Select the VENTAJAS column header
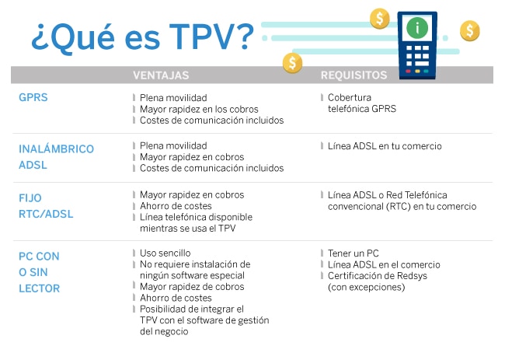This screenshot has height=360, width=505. click(161, 75)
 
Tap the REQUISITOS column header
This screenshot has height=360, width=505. click(353, 75)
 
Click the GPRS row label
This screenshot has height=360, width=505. click(33, 97)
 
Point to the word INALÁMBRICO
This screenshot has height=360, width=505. click(57, 149)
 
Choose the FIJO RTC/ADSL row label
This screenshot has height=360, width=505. click(46, 206)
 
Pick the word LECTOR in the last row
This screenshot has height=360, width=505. click(40, 288)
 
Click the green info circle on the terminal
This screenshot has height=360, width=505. click(417, 28)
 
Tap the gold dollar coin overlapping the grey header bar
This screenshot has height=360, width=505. click(292, 63)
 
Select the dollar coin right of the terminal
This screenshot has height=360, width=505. click(469, 31)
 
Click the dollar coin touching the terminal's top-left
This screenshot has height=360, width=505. click(380, 19)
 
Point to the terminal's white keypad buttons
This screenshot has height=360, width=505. click(417, 56)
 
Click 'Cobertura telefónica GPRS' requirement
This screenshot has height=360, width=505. click(362, 103)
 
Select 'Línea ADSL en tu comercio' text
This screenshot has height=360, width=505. click(385, 146)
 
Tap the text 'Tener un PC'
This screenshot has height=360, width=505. click(353, 253)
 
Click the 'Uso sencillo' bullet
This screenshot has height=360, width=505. click(165, 253)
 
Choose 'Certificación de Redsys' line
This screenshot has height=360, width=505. click(378, 276)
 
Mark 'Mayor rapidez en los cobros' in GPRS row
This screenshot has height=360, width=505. click(199, 110)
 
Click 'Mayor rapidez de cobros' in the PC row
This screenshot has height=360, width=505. click(192, 286)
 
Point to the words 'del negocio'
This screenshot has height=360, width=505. click(164, 332)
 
